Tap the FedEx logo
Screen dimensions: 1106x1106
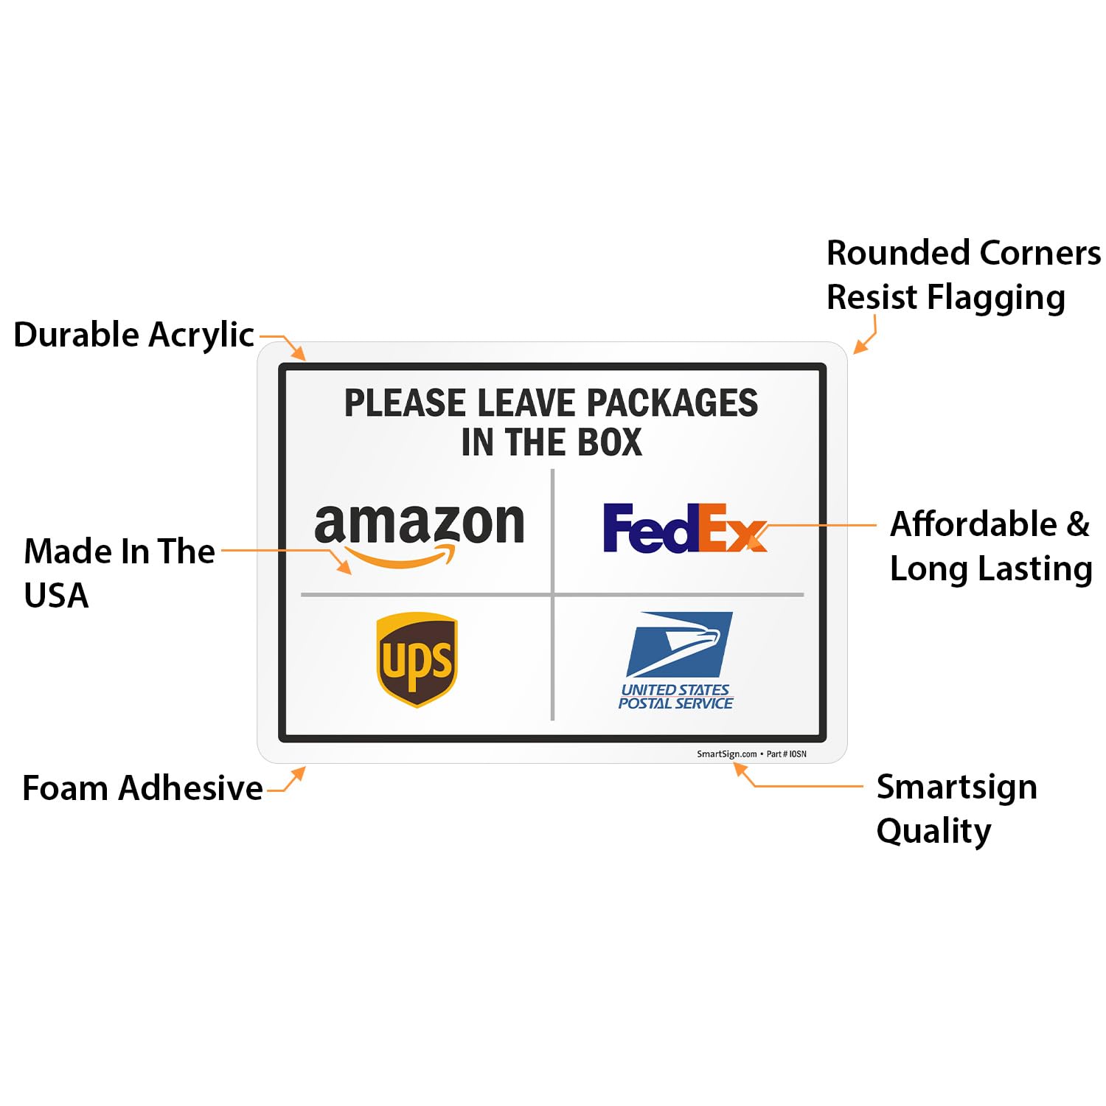[x=685, y=528]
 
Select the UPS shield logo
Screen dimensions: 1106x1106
[x=417, y=659]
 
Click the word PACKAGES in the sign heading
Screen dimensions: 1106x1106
[x=672, y=403]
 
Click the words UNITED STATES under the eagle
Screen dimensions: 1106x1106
[x=675, y=690]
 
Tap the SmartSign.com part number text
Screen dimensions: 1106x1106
[x=751, y=754]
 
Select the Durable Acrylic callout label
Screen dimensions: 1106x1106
[x=133, y=335]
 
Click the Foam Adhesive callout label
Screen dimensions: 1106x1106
[x=142, y=788]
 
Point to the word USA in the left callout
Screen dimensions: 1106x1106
[x=56, y=596]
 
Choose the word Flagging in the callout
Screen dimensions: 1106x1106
[x=995, y=298]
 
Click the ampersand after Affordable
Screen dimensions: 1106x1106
[x=1077, y=524]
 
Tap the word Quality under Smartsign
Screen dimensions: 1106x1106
[x=933, y=832]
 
